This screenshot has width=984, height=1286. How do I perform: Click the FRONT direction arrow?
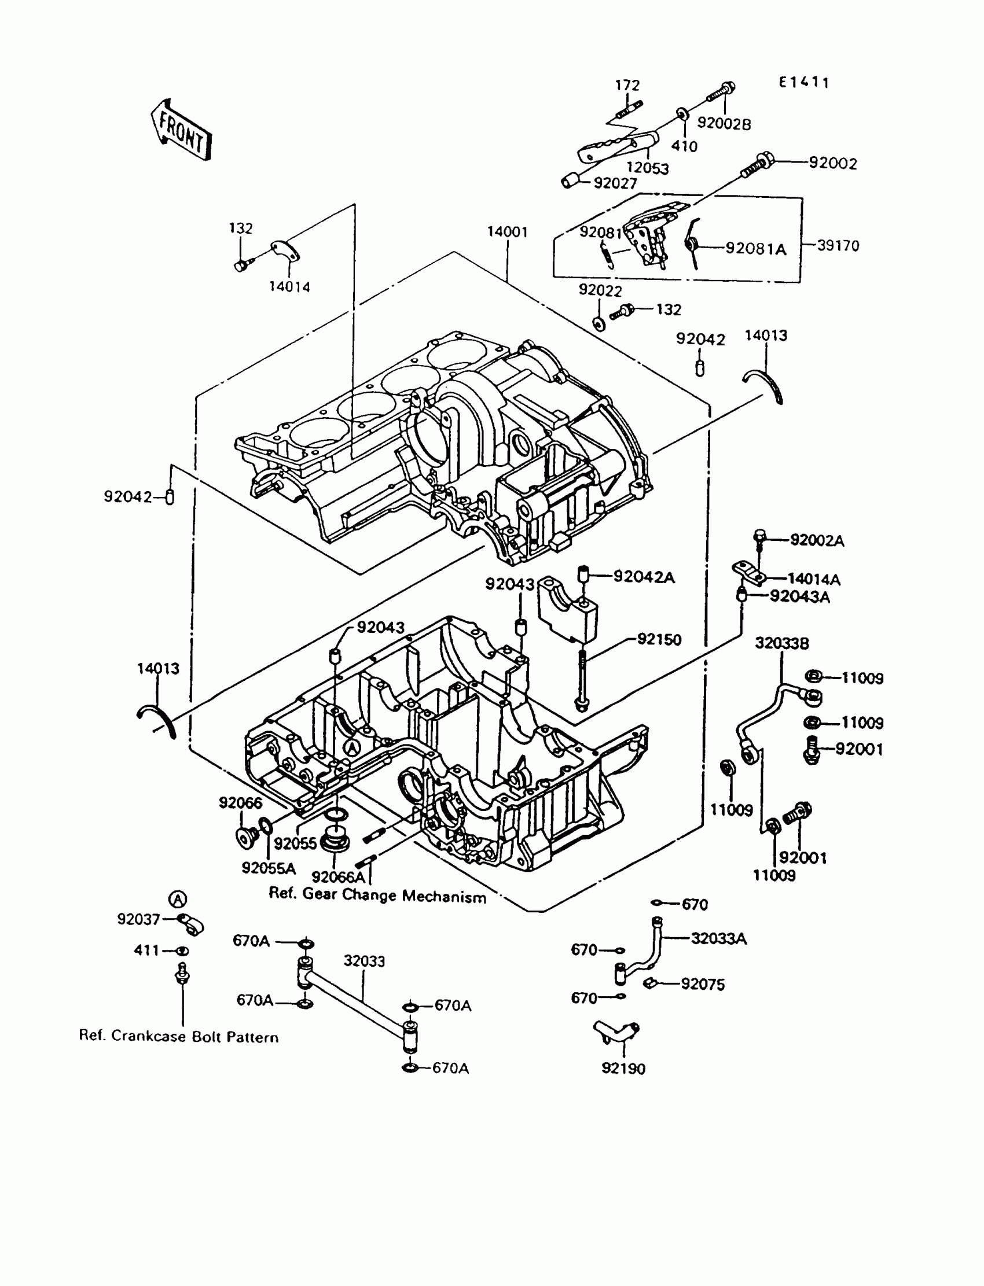tap(181, 131)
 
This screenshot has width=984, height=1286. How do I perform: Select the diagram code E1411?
tap(803, 83)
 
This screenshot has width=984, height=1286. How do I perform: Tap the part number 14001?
tap(507, 233)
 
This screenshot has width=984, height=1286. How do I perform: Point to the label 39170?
tap(838, 246)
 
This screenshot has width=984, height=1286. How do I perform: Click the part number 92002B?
tap(724, 124)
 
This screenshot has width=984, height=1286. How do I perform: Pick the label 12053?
tap(647, 168)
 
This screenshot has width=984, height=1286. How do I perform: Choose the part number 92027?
tap(615, 183)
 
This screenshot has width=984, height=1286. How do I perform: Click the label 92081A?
tap(755, 249)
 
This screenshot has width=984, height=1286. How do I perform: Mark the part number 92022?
tap(600, 290)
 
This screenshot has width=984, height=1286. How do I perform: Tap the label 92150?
tap(659, 640)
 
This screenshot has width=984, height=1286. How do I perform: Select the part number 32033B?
tap(782, 643)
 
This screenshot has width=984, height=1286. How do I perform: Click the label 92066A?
tap(338, 877)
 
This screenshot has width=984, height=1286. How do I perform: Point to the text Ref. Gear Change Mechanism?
tap(377, 896)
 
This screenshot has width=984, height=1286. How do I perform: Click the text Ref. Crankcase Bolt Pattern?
tap(179, 1037)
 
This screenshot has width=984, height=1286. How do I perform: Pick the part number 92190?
tap(623, 1069)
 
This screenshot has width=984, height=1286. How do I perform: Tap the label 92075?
tap(702, 985)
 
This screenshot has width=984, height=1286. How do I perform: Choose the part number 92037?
tap(139, 920)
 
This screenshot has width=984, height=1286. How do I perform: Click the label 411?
tap(146, 950)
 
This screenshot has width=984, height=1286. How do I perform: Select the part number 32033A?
tap(719, 939)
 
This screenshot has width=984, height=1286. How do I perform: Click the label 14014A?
tap(814, 580)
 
